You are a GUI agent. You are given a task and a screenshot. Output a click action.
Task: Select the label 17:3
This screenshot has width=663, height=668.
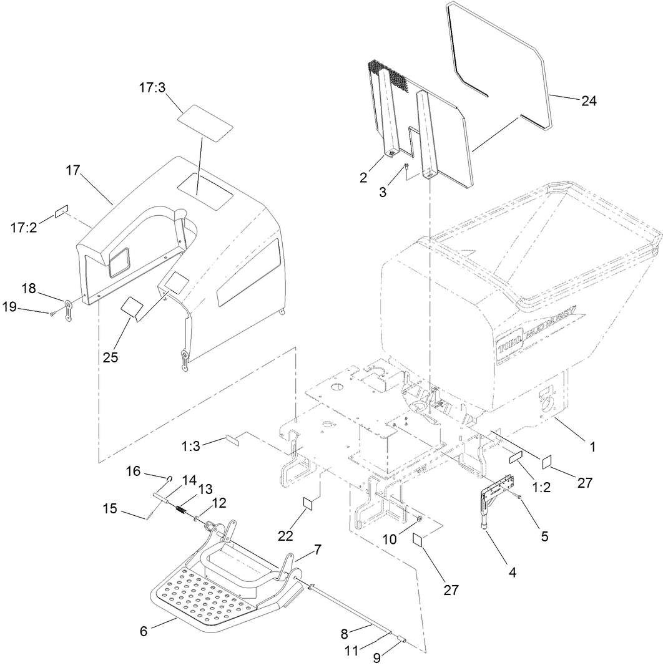(152, 89)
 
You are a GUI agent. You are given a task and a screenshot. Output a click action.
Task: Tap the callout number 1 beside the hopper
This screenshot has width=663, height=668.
(592, 447)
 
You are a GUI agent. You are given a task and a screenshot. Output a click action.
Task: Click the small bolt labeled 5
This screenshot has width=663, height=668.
(519, 496)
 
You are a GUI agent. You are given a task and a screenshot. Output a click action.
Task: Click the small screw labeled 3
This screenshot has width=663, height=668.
(405, 166)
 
